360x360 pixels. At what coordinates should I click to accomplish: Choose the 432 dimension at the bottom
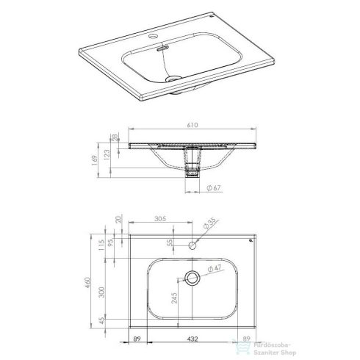[192, 339]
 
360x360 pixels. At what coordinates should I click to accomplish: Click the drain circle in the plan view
[192, 278]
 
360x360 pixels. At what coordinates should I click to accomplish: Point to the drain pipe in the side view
[192, 165]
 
